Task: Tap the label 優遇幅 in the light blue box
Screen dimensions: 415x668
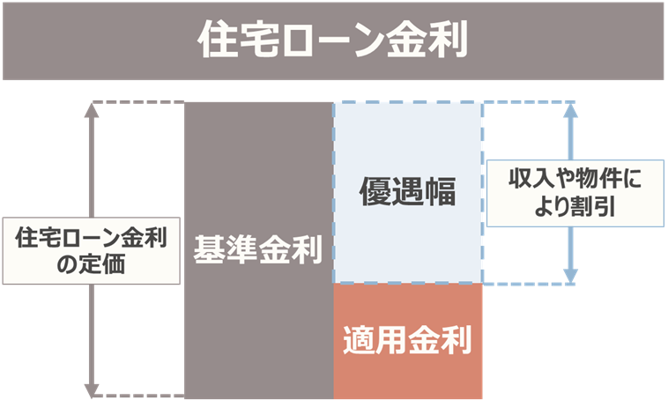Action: (407, 192)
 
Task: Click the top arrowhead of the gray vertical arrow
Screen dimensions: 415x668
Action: (92, 110)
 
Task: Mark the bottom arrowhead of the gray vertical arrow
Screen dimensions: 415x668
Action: (92, 390)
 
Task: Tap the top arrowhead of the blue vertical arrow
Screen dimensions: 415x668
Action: (570, 110)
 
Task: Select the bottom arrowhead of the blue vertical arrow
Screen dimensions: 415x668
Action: (570, 277)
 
